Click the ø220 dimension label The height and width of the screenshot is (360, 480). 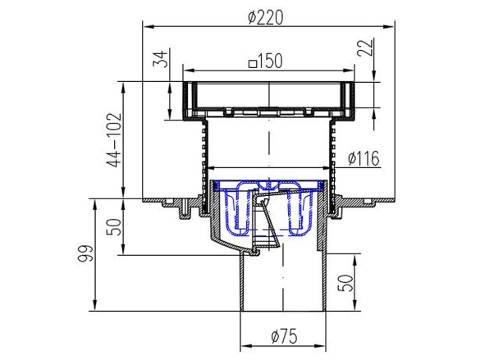click(x=265, y=17)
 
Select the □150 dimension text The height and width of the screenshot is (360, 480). click(x=265, y=62)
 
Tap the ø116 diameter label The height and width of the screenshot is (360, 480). click(x=363, y=158)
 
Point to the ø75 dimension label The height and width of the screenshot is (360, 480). click(x=284, y=336)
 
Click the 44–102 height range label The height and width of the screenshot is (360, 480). click(x=114, y=140)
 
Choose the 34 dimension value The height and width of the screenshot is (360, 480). click(x=160, y=59)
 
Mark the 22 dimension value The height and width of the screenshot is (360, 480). click(x=365, y=47)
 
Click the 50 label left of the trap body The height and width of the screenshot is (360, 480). click(x=114, y=226)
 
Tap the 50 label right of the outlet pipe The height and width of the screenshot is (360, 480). click(x=345, y=283)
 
